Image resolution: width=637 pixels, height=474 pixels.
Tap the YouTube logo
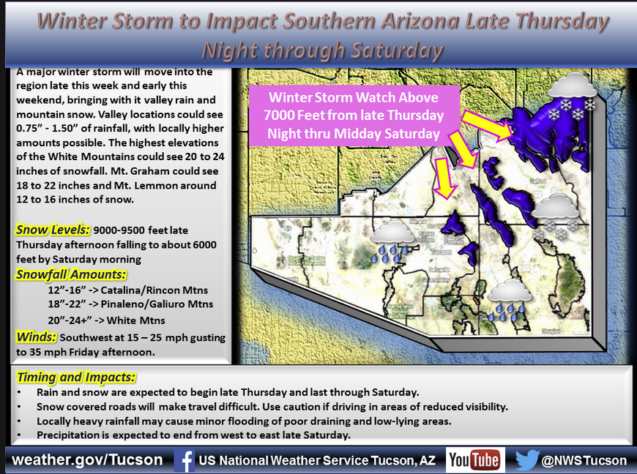[474, 460]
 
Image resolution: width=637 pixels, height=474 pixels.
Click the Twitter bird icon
[527, 460]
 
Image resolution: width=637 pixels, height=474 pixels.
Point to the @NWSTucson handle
[584, 460]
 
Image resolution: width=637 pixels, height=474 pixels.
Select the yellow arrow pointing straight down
[444, 178]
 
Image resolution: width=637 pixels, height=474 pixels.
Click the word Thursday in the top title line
[558, 21]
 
